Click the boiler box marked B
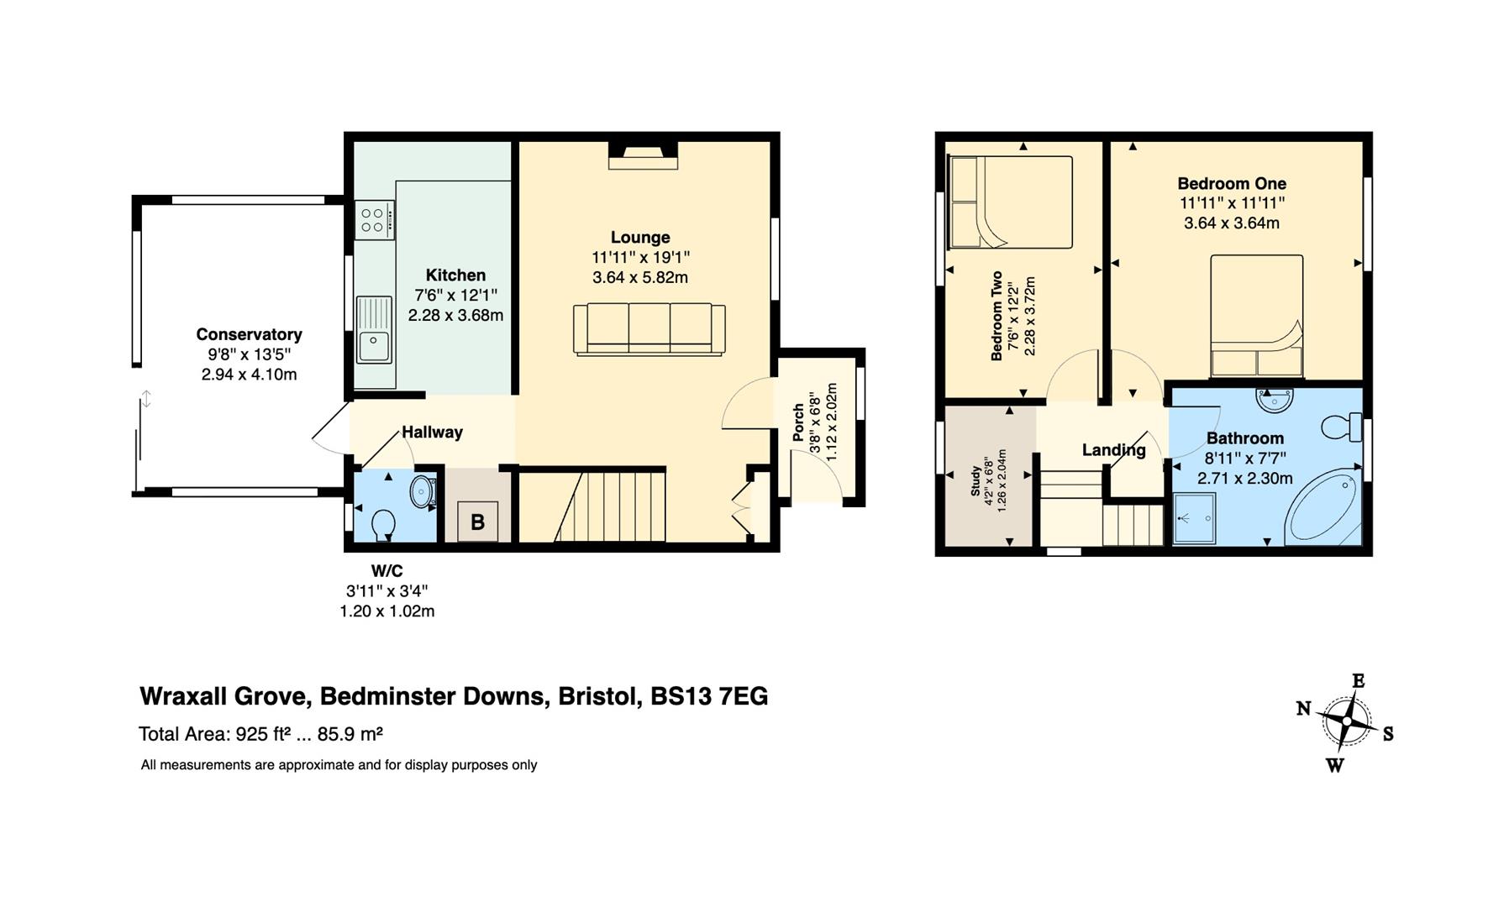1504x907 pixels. pos(477,522)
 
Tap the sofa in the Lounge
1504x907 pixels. pos(649,330)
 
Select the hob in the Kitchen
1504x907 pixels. pos(375,220)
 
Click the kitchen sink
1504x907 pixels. pos(374,329)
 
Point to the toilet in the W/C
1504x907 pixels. pos(383,524)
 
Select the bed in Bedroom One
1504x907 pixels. pos(1256,316)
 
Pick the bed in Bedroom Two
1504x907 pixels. pos(1010,202)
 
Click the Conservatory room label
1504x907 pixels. pos(249,334)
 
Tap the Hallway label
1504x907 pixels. pos(432,433)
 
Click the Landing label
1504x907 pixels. pos(1113,450)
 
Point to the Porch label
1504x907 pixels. pos(798,423)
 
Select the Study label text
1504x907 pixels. pos(975,482)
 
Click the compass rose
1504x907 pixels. pos(1347,722)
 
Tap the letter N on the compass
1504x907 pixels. pos(1303,708)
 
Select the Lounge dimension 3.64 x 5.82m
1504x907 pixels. pos(640,278)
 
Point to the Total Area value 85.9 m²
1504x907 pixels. pos(350,734)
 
